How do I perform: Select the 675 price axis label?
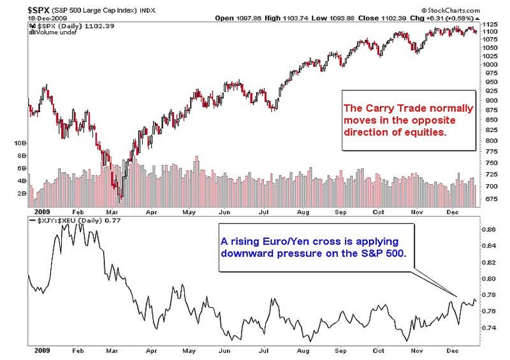(489, 199)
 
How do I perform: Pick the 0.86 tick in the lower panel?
(489, 228)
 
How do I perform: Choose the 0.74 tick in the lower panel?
(489, 328)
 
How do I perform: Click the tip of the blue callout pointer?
(457, 296)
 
